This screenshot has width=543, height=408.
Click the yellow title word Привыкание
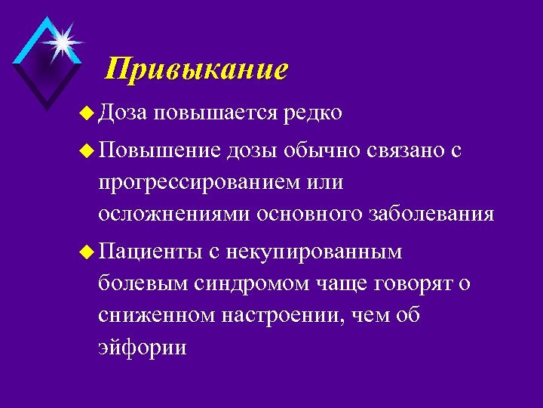point(197,70)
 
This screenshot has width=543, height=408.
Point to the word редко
point(313,113)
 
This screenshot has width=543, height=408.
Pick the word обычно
point(327,151)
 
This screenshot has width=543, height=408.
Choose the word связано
point(407,151)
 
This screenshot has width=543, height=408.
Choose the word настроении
point(281,315)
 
